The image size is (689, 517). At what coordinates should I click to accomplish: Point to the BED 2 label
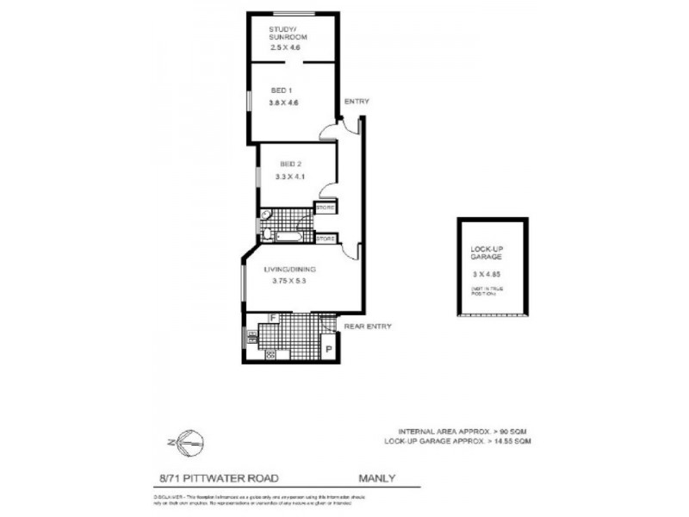point(290,164)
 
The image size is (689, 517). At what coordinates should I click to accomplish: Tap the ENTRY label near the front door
point(356,102)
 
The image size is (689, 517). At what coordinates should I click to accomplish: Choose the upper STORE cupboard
point(325,208)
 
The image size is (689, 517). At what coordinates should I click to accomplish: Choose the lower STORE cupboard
point(325,238)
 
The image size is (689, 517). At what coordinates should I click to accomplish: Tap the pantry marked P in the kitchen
point(328,348)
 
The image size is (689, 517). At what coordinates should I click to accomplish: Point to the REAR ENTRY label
point(368,327)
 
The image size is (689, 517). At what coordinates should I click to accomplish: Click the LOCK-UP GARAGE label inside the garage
point(486,253)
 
